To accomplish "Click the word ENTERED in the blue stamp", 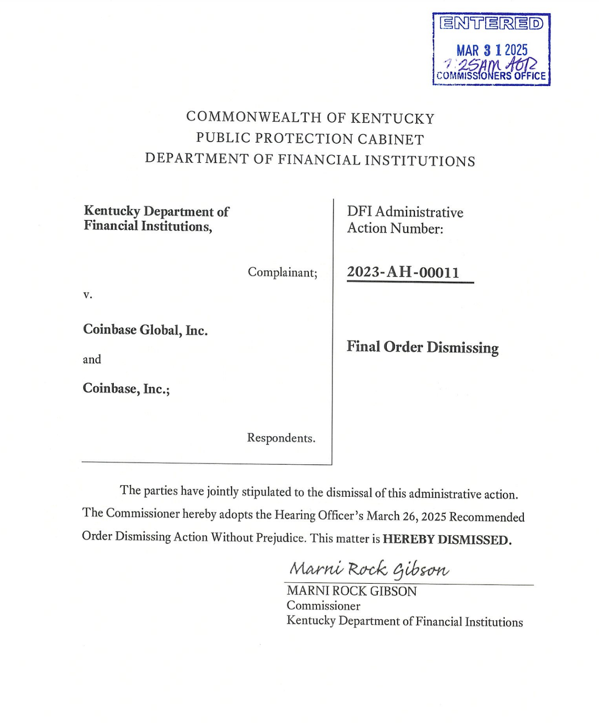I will pos(492,23).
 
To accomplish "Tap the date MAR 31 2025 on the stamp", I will pos(492,49).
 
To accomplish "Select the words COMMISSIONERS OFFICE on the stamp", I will pos(492,76).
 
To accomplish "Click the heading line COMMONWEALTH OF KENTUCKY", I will pos(310,118).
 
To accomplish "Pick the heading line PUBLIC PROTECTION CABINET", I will pos(310,138).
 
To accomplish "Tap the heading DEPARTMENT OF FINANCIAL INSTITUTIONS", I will pos(310,159).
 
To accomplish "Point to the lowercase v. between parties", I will pos(88,294).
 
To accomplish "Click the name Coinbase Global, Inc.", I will pos(145,330).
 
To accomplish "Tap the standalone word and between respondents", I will pos(92,359).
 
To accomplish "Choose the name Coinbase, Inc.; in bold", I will pos(126,388).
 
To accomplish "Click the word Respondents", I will pos(281,438).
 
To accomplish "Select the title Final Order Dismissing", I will pos(422,347).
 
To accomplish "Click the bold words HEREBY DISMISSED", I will pos(447,540).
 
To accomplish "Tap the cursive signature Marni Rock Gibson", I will pos(369,569).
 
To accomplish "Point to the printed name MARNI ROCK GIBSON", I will pos(351,591).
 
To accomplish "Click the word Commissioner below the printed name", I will pos(323,606).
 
